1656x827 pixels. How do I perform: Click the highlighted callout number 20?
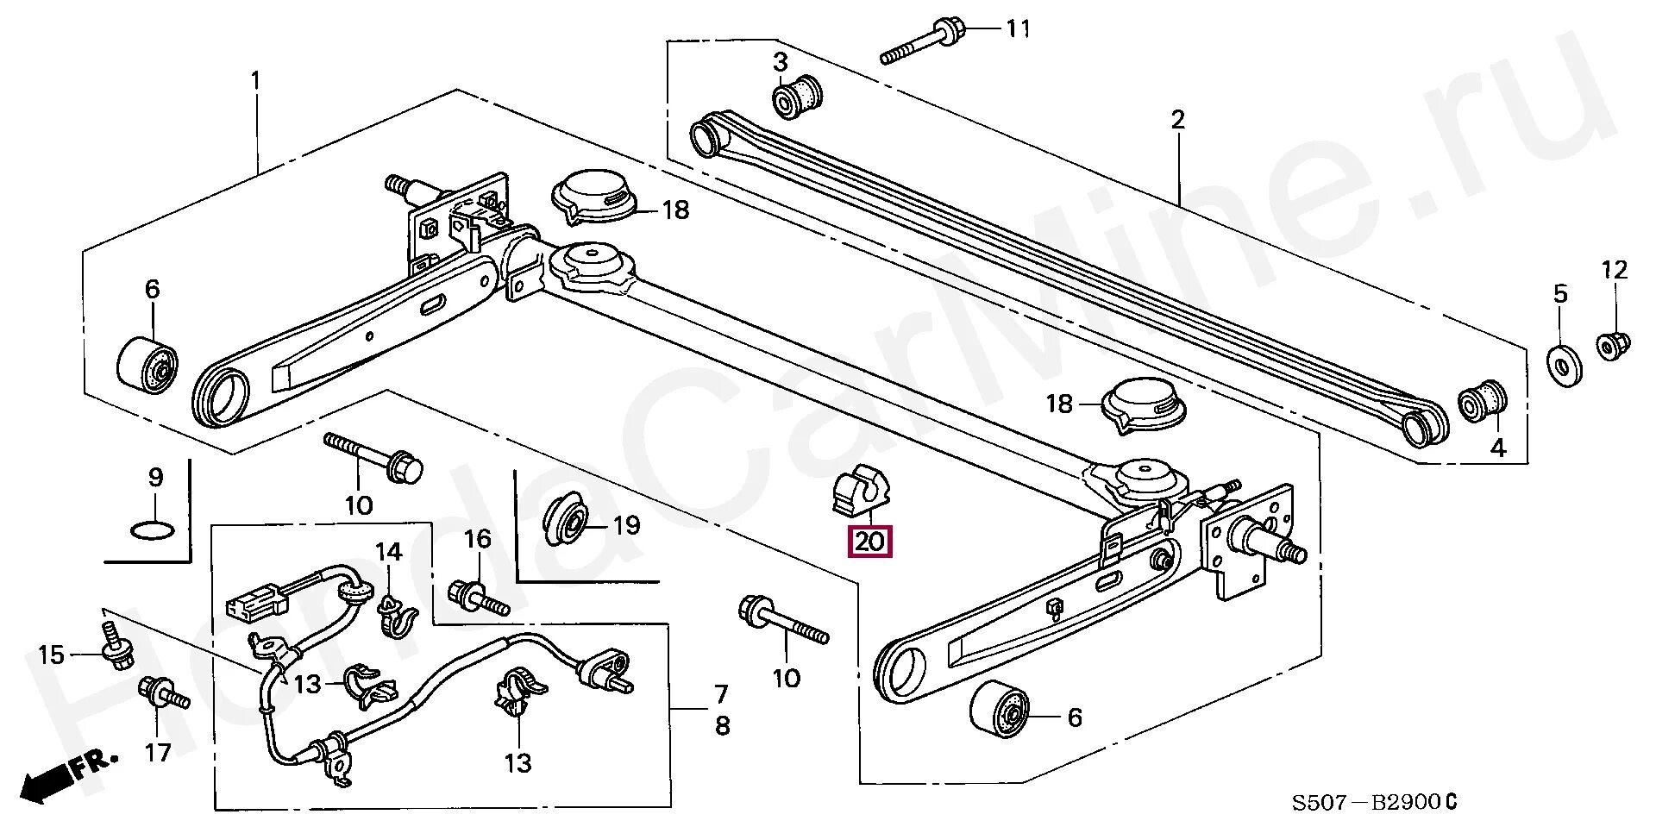(x=870, y=542)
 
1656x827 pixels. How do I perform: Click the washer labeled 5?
(x=1559, y=365)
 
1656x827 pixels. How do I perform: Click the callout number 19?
(x=626, y=525)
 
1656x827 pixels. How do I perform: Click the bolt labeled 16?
(x=478, y=596)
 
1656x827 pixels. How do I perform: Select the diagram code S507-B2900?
(x=1373, y=803)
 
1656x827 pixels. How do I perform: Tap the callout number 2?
(x=1178, y=120)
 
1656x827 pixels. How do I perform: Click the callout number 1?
(x=255, y=81)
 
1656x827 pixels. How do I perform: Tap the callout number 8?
(x=722, y=726)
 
